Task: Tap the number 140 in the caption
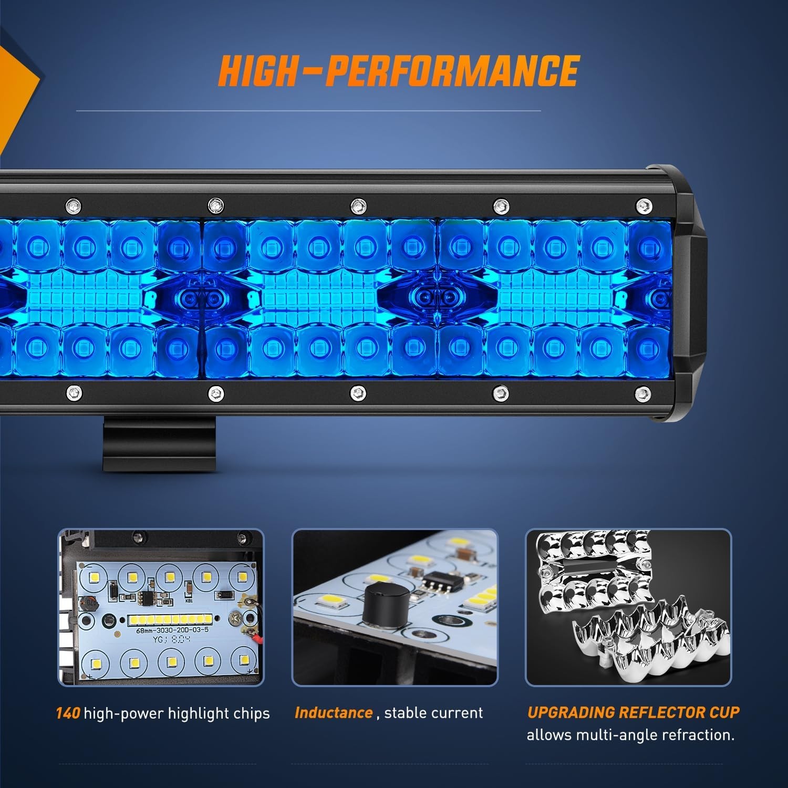68,713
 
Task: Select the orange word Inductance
334,713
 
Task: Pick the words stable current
433,713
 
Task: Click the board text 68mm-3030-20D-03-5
172,630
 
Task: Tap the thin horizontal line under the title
308,111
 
